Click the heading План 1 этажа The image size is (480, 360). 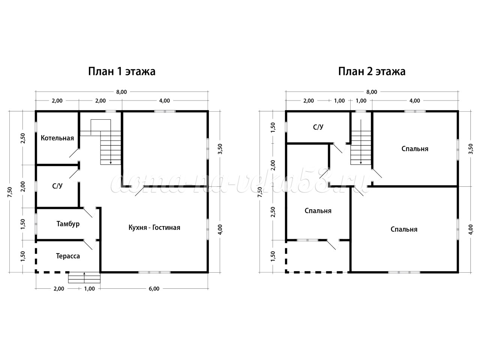122,72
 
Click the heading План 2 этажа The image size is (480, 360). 372,72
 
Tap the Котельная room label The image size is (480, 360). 57,138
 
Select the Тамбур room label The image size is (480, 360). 68,224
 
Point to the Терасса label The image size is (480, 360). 68,256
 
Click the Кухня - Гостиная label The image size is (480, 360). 154,228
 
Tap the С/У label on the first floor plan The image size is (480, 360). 57,186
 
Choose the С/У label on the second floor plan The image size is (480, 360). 318,127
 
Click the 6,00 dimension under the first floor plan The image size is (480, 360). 154,288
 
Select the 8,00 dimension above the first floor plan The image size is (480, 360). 121,92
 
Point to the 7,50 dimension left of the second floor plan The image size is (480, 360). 259,192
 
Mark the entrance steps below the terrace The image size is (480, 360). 84,278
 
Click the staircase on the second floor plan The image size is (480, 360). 361,148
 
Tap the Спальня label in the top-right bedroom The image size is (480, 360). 415,149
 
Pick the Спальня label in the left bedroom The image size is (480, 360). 318,211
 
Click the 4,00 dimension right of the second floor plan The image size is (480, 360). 471,229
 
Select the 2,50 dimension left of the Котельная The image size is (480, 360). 23,138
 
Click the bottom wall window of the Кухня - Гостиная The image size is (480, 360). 154,272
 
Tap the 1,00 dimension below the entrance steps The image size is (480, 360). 90,288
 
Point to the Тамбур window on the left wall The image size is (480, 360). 36,224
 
